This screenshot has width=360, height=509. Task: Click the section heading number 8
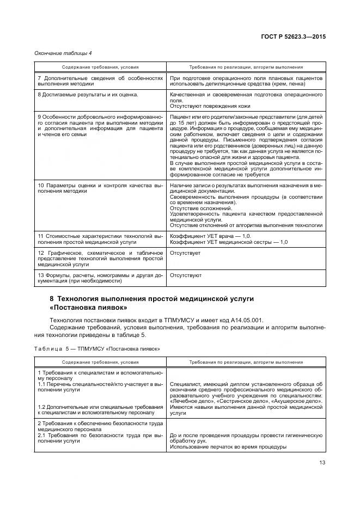[x=52, y=298]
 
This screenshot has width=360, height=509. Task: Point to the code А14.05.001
[x=245, y=320]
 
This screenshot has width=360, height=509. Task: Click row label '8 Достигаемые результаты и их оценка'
[x=87, y=95]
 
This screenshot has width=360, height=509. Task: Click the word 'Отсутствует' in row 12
[x=185, y=253]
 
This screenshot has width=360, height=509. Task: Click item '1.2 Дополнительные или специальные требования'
[x=100, y=407]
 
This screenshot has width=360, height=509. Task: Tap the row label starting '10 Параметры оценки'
[x=100, y=186]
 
